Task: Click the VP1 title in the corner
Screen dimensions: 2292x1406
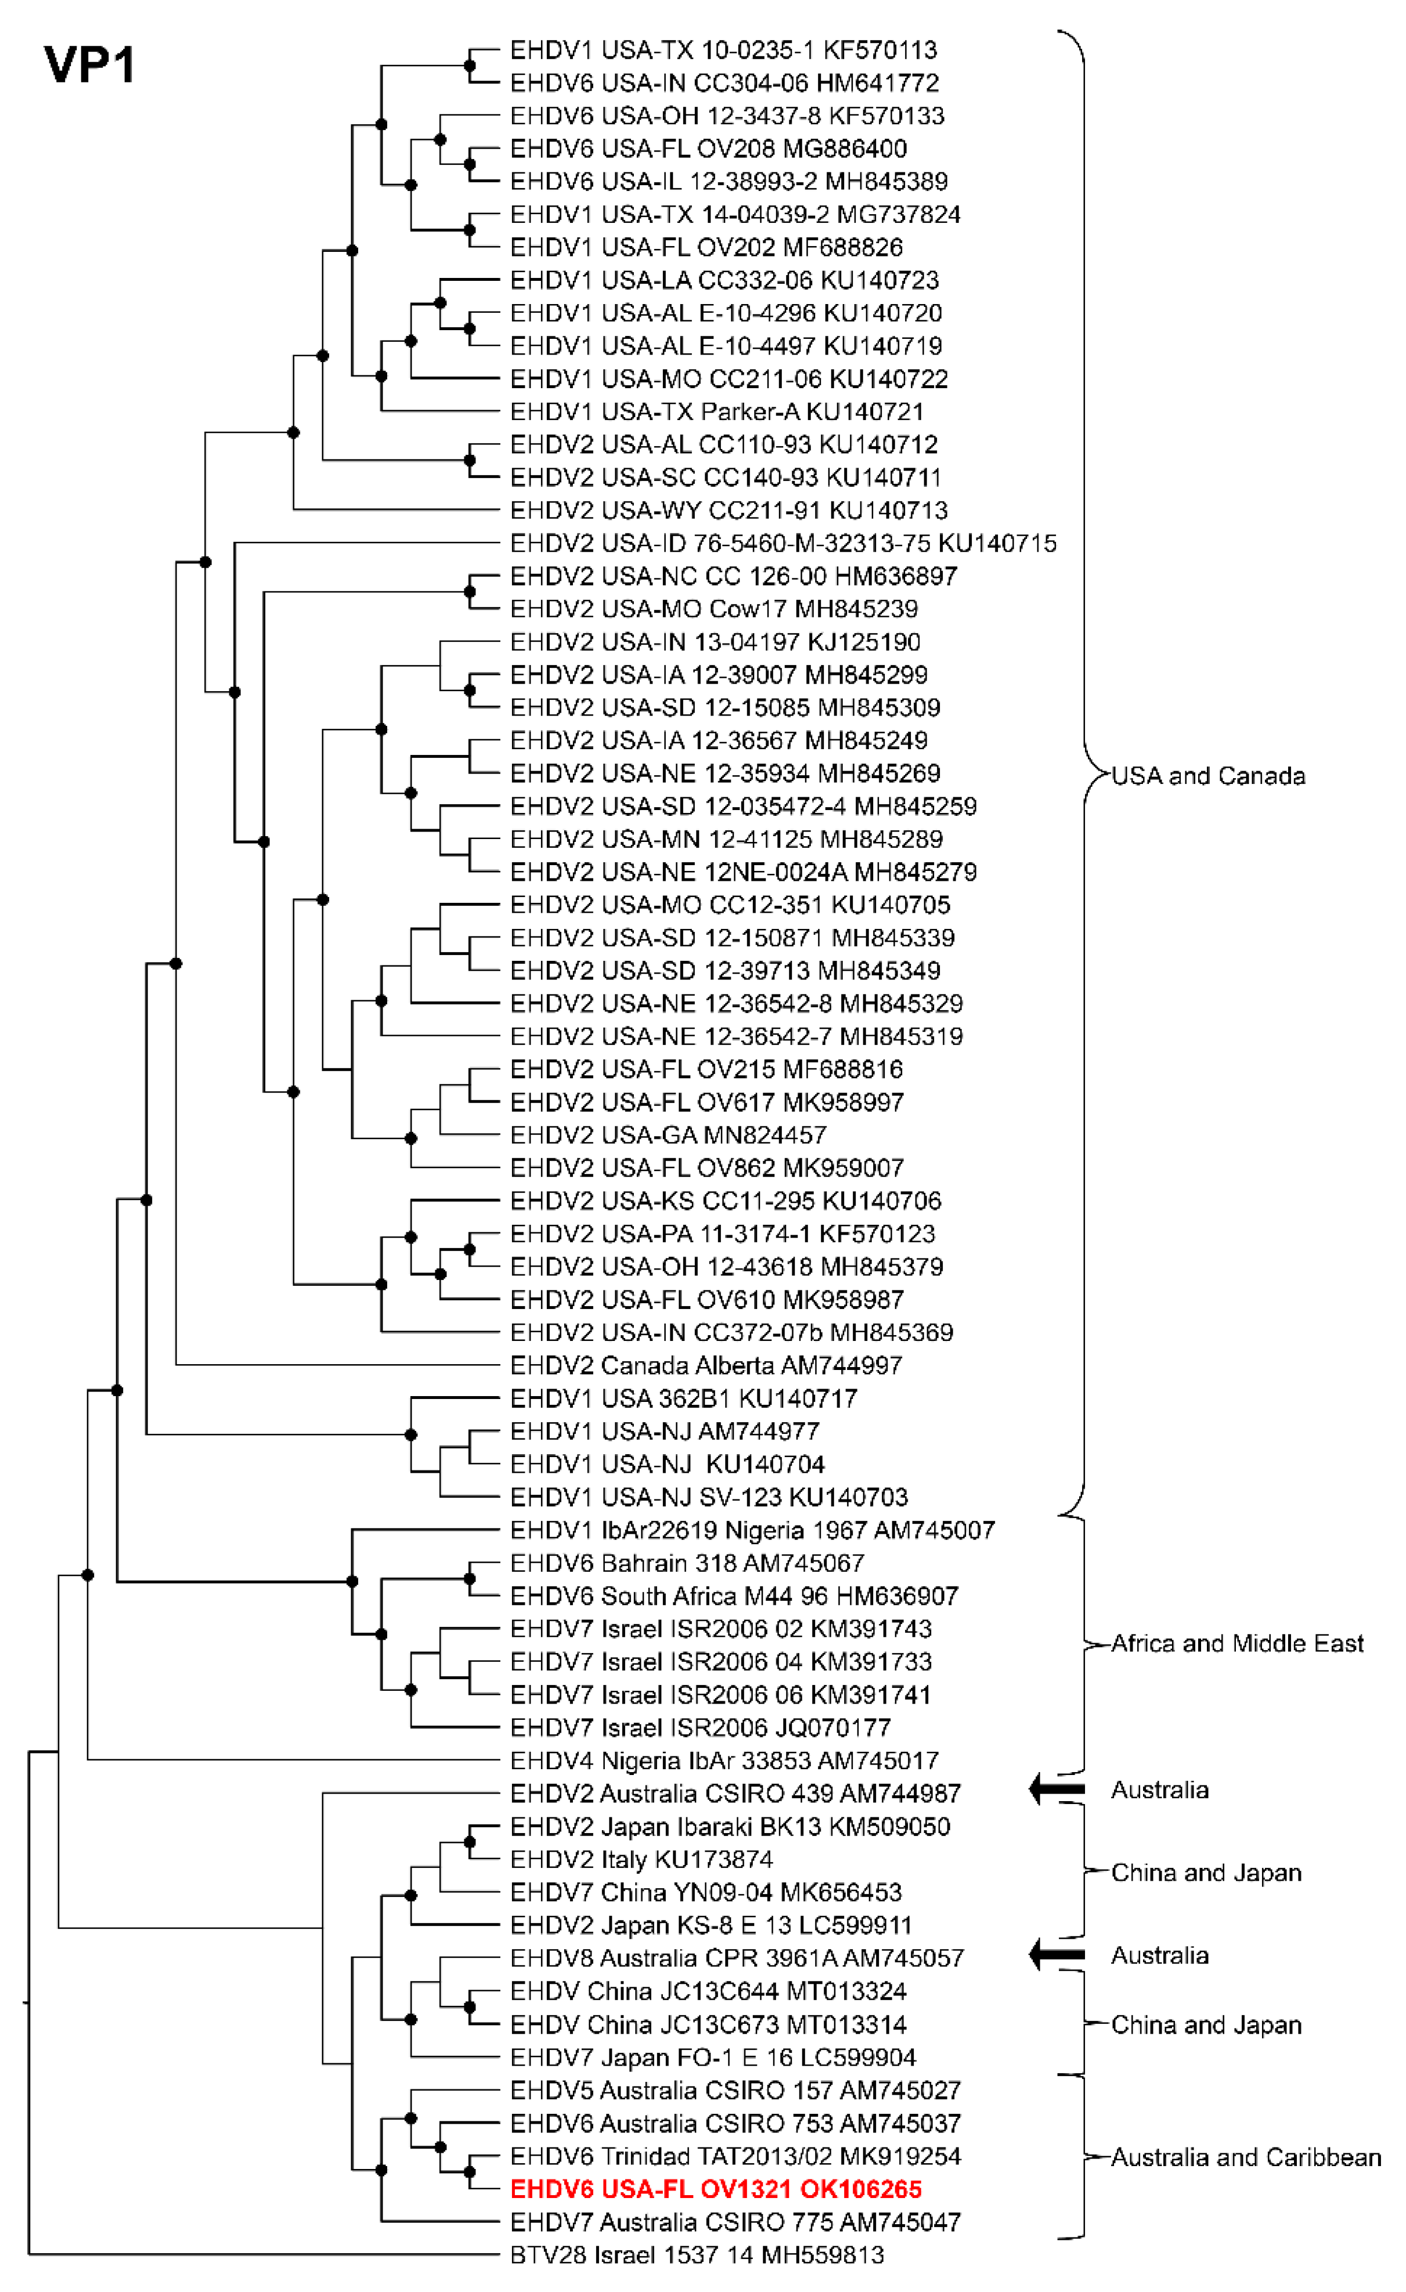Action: [89, 65]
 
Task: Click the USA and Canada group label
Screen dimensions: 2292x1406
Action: [1208, 776]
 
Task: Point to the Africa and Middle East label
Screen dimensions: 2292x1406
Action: [1236, 1644]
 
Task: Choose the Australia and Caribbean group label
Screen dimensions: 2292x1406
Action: [1245, 2157]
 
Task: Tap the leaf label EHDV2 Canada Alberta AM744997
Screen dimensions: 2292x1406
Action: [705, 1365]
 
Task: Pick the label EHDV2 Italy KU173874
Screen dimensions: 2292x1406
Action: [641, 1860]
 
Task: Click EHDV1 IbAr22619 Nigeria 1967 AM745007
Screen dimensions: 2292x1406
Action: [752, 1530]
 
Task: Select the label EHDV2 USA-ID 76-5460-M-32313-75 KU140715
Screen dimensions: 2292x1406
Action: [783, 543]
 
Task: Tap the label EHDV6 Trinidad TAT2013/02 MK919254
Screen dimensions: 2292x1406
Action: [735, 2156]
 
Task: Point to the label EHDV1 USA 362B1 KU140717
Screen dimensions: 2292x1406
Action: [683, 1398]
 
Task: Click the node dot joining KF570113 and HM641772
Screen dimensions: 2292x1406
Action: [470, 66]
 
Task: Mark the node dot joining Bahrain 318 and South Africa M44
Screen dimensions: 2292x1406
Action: [470, 1578]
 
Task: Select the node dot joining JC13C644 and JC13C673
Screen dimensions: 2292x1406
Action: [470, 2007]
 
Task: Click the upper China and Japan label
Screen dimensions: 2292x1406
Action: [1206, 1872]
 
